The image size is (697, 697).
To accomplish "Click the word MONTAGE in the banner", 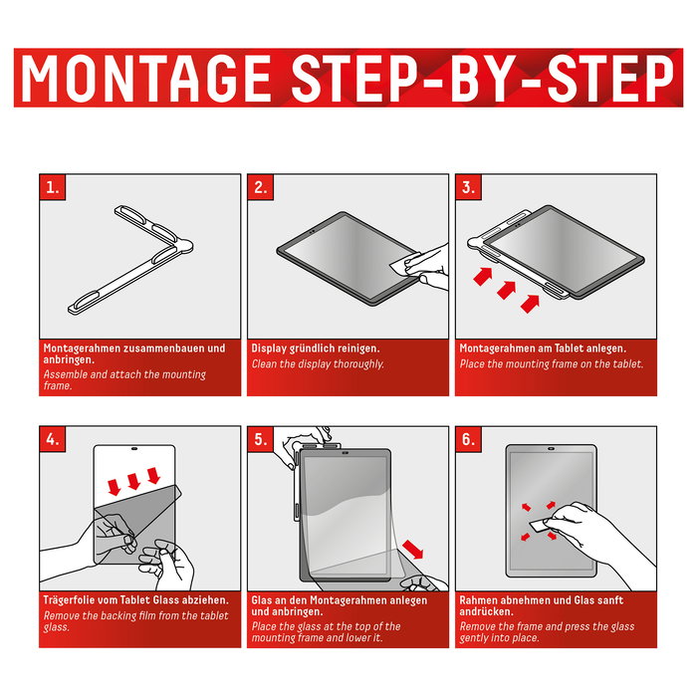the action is point(145,78).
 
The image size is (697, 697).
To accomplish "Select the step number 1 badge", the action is point(53,187).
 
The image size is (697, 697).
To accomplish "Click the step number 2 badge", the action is point(261,187).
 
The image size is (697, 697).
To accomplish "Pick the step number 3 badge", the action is point(469,187).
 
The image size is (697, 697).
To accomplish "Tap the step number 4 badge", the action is point(53,439).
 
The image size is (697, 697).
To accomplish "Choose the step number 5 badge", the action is point(261,439).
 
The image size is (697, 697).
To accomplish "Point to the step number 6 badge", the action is point(469,439).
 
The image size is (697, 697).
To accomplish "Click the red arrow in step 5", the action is point(413,550).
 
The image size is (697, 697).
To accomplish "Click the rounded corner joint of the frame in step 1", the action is point(183,245).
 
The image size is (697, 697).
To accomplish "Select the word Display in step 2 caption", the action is point(269,348).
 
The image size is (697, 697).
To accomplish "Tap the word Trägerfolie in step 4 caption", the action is point(69,600).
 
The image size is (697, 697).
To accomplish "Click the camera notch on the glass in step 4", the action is point(134,449).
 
